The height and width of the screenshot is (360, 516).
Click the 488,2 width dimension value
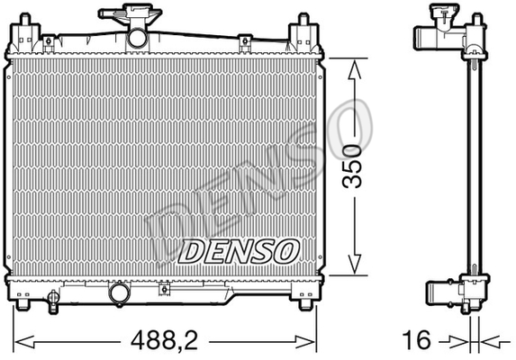(x=164, y=341)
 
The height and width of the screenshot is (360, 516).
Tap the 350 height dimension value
(x=352, y=166)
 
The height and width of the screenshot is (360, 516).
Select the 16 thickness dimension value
(x=416, y=339)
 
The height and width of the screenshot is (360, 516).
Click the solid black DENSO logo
(x=239, y=251)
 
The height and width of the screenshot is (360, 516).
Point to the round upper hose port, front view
(x=137, y=39)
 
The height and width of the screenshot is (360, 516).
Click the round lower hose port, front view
(x=119, y=293)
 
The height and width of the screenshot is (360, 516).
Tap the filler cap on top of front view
(x=131, y=14)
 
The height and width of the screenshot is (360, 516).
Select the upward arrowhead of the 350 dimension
(x=355, y=70)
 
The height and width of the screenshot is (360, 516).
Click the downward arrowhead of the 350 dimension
(x=355, y=264)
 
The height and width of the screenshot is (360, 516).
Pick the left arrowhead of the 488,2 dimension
(x=25, y=342)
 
